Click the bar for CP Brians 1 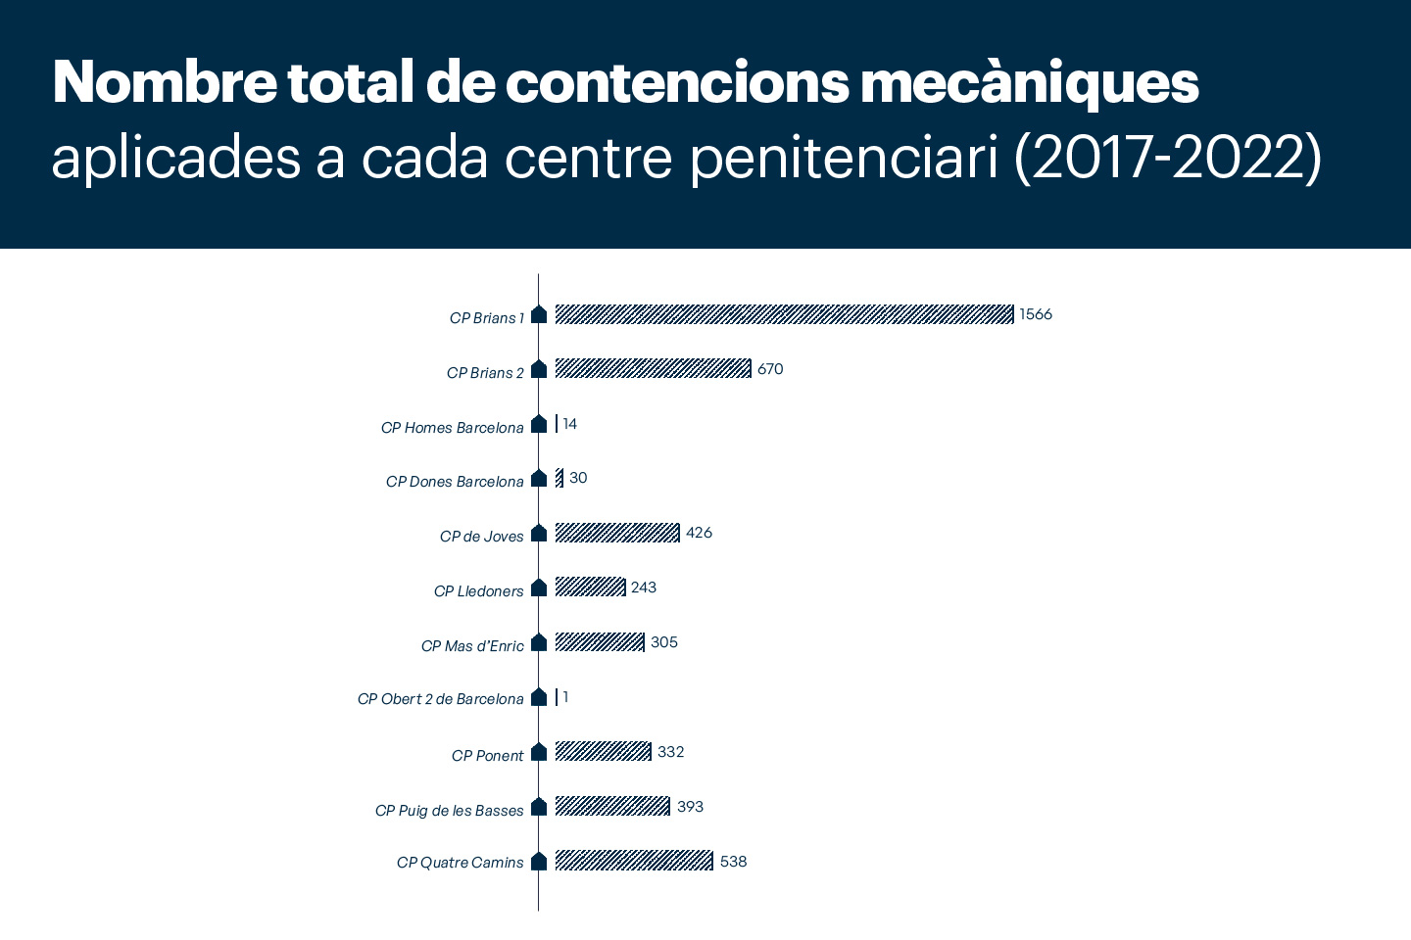784,314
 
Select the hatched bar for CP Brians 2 653,369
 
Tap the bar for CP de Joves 617,533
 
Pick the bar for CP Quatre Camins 634,861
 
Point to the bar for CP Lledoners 590,587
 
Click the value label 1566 1036,314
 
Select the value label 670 770,369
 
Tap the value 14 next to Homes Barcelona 570,424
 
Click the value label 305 664,642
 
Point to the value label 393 690,807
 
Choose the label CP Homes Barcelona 452,428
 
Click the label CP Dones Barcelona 455,482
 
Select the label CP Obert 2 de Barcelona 440,699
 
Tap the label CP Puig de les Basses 449,811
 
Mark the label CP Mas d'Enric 472,646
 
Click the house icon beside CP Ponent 539,752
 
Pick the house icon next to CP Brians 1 539,314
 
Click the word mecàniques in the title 1029,82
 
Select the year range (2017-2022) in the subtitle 1168,158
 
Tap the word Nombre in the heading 165,82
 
